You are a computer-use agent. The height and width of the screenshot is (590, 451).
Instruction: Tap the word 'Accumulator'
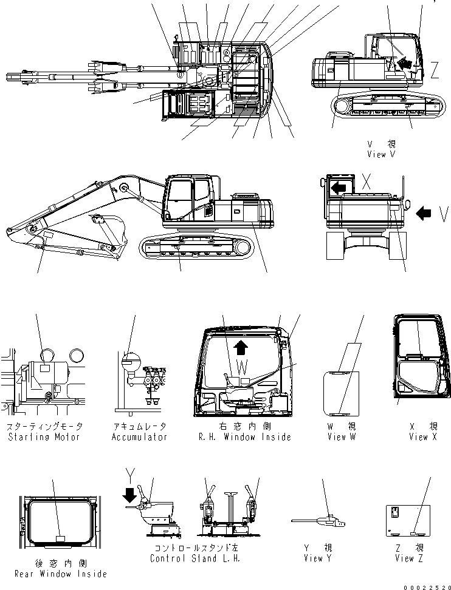tap(139, 437)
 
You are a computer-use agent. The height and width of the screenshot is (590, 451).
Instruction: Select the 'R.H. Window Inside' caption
tap(245, 437)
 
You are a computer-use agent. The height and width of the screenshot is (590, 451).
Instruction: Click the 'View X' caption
tap(422, 437)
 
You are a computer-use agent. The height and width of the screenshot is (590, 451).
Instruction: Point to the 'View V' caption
tap(381, 154)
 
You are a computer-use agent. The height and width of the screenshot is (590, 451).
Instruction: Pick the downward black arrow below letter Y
tap(129, 497)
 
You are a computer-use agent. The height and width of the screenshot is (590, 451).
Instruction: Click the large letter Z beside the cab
tap(434, 72)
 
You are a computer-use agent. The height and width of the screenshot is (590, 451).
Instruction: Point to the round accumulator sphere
tap(129, 364)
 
